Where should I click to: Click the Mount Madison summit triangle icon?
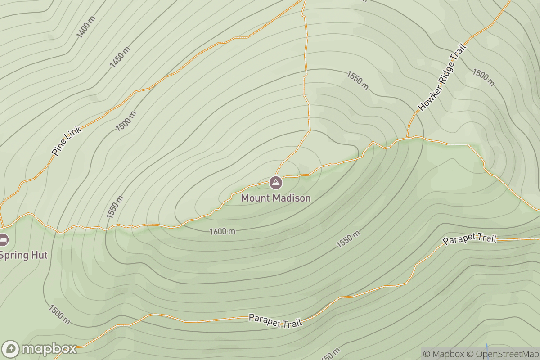(x=275, y=183)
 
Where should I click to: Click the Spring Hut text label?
(x=22, y=256)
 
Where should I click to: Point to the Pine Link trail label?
(x=67, y=141)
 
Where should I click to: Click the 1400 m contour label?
(x=85, y=27)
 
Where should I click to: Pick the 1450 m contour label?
(x=120, y=58)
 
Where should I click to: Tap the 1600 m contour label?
(x=222, y=231)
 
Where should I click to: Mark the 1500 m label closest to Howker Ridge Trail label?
(x=483, y=77)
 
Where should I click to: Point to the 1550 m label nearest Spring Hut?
(x=115, y=207)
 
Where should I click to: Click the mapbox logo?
(x=40, y=349)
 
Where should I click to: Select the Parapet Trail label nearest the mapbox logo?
(x=275, y=321)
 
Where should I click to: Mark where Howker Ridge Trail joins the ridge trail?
(x=408, y=137)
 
